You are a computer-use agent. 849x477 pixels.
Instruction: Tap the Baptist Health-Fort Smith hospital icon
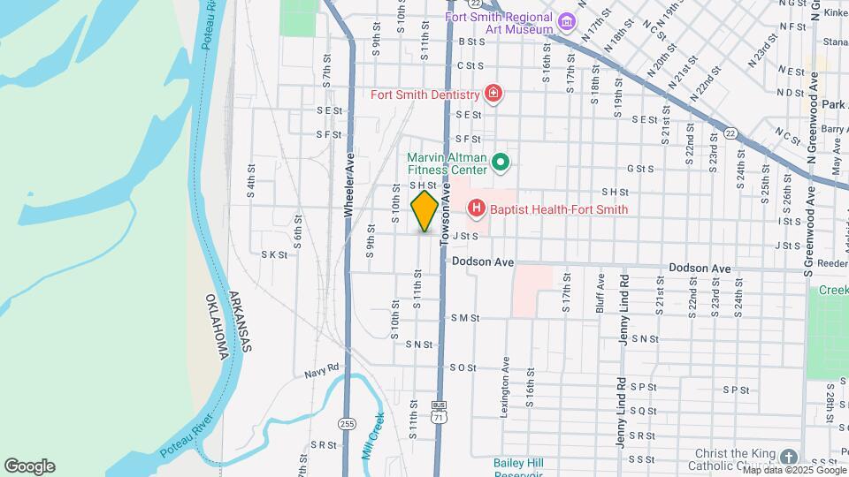click(x=477, y=209)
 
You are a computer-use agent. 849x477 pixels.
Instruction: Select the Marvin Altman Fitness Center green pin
click(x=500, y=162)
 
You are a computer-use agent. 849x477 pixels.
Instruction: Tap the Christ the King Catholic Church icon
click(x=788, y=457)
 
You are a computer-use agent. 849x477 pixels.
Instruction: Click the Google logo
click(x=29, y=466)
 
